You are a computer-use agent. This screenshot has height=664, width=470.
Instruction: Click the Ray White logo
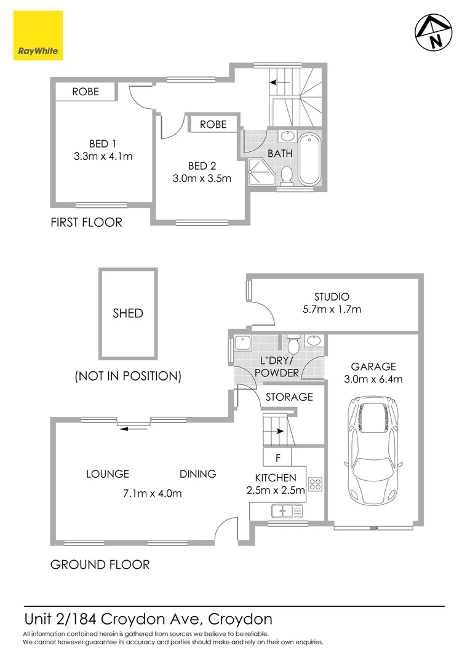(x=38, y=36)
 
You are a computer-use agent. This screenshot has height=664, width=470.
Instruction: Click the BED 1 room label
(x=103, y=144)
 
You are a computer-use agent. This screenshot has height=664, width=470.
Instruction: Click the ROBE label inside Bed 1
(x=86, y=92)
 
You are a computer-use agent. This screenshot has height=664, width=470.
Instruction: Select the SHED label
(x=128, y=314)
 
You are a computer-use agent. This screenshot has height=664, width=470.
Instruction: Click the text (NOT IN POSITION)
(x=127, y=376)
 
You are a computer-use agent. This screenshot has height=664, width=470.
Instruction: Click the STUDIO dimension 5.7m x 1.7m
(x=333, y=309)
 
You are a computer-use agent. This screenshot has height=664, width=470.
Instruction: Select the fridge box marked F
(x=278, y=458)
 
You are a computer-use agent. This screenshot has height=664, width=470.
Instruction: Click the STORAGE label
(x=289, y=397)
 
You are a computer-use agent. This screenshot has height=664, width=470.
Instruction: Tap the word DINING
(x=197, y=474)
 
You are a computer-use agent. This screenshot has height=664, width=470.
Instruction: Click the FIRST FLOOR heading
(x=86, y=223)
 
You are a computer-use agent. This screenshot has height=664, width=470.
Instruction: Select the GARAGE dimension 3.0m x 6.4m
(x=373, y=379)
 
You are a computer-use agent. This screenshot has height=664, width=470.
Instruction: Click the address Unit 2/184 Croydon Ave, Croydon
(x=148, y=618)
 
